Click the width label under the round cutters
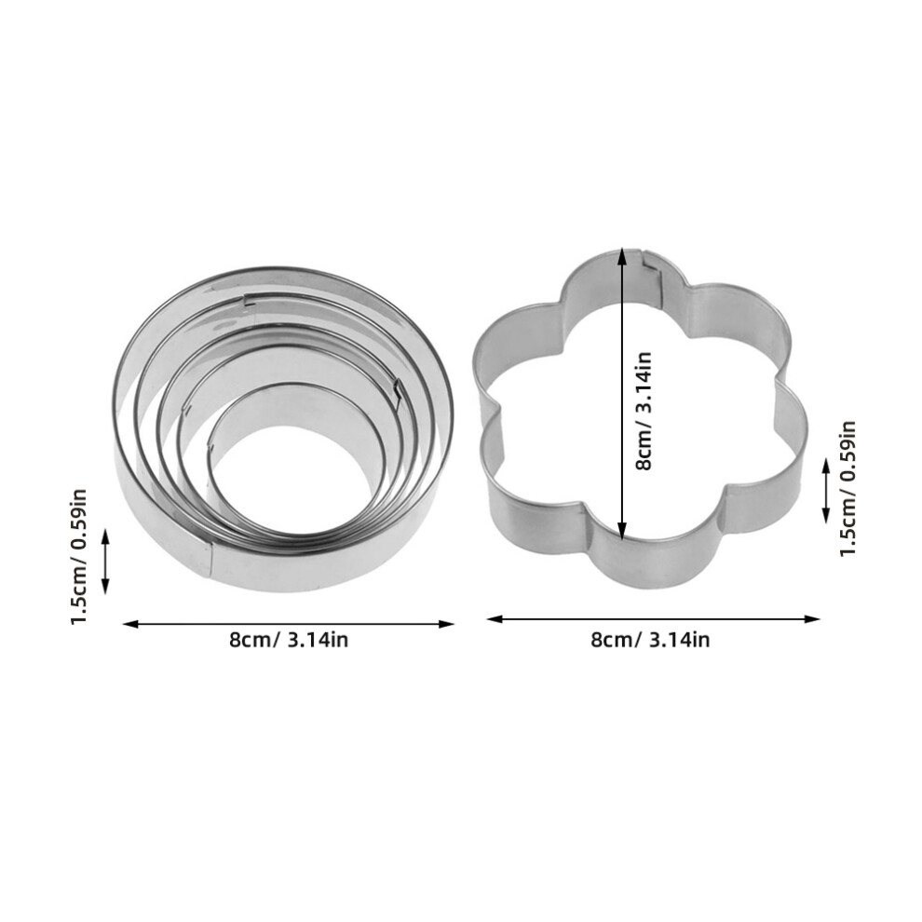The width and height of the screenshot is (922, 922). tap(289, 640)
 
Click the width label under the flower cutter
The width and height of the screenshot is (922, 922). tap(650, 640)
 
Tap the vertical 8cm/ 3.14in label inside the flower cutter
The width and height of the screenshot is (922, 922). tap(644, 411)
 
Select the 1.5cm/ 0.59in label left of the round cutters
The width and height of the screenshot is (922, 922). tap(79, 556)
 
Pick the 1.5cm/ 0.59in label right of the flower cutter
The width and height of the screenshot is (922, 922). tap(847, 489)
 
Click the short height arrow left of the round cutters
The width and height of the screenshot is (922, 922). tap(106, 561)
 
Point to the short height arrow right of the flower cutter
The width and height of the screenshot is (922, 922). tap(825, 491)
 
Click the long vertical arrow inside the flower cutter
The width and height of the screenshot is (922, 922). tap(623, 393)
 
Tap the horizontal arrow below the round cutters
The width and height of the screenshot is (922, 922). tap(288, 624)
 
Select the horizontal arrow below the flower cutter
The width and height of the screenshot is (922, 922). tap(653, 618)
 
